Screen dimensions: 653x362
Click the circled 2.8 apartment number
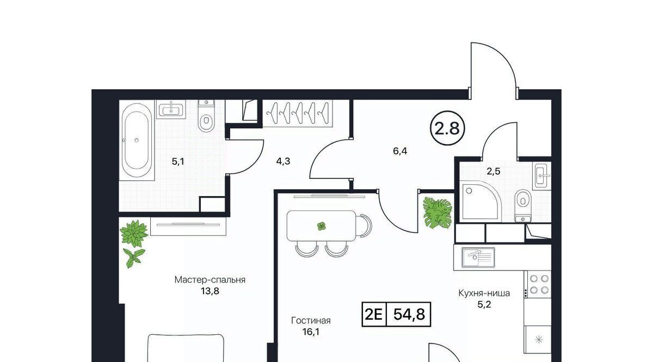(x=447, y=128)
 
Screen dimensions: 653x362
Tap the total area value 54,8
(x=409, y=314)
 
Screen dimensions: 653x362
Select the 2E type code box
(x=374, y=314)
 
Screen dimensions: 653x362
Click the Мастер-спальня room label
(x=210, y=279)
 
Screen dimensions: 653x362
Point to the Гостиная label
(x=311, y=321)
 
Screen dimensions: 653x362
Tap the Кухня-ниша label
(x=484, y=293)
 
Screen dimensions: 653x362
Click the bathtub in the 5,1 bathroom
(x=137, y=140)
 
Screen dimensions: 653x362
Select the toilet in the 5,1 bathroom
(x=206, y=116)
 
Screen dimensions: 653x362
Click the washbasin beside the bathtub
(x=171, y=109)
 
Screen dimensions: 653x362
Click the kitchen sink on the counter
(x=478, y=258)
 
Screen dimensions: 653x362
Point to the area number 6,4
(x=400, y=151)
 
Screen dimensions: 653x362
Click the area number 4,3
(x=283, y=161)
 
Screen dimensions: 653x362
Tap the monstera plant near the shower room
(x=438, y=213)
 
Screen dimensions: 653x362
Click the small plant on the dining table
(x=321, y=226)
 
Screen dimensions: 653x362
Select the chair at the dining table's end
(x=364, y=226)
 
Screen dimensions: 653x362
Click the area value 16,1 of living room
(x=311, y=332)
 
